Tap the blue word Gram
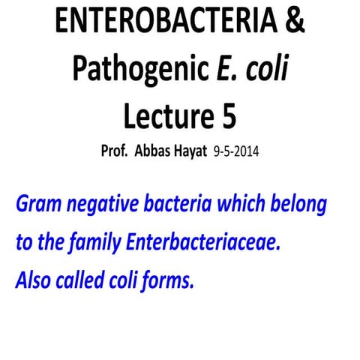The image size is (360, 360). (x=37, y=204)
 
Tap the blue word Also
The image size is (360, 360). (x=34, y=281)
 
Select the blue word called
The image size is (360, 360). (x=85, y=281)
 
